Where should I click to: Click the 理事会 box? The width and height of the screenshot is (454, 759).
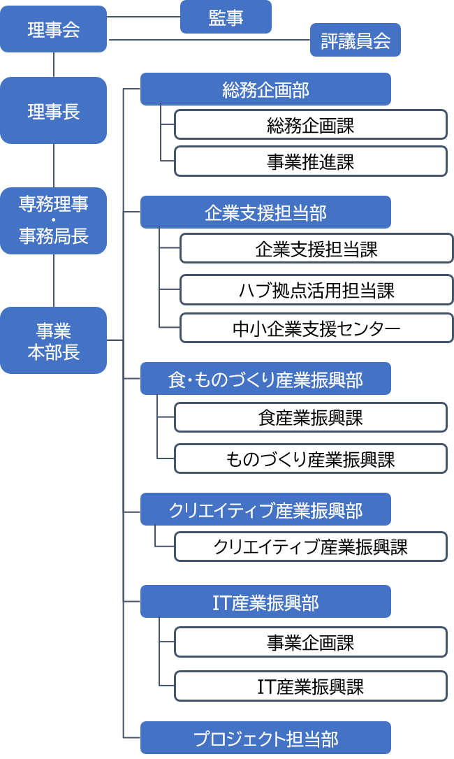pos(53,29)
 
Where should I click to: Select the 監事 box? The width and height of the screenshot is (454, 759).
pos(226,17)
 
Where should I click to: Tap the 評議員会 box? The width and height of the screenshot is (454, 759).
pos(356,40)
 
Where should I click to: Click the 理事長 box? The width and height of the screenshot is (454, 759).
pos(53,110)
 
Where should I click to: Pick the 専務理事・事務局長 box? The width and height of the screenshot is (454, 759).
pos(53,221)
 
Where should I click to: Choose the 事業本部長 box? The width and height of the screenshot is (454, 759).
pos(53,340)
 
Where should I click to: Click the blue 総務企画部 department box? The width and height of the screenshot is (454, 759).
pos(265,89)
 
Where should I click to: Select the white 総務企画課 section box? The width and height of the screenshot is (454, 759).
pos(310,125)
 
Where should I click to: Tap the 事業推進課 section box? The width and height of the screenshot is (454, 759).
pos(310,161)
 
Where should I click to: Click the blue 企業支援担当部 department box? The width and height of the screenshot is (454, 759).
pos(265,212)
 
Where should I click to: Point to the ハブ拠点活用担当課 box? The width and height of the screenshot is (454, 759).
pos(316,290)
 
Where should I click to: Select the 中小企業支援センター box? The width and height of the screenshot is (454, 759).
pos(316,328)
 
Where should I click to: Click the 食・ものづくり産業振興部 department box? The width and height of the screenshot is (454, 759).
pos(265,379)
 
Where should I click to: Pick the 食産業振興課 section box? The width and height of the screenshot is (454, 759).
pos(310,417)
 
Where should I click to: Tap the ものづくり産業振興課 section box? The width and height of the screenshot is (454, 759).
pos(310,458)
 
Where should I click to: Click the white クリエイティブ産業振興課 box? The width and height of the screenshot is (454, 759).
pos(310,547)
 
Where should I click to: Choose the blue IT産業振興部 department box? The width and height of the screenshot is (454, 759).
pos(265,602)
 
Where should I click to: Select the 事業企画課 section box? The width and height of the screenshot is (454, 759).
pos(310,642)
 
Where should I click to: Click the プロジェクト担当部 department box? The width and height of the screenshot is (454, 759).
pos(265,738)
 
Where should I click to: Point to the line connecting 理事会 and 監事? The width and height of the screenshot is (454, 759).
pos(143,17)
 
